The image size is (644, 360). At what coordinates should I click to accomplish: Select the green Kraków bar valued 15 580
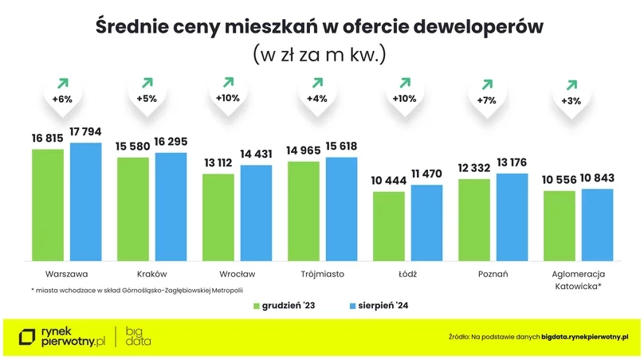pyautogui.click(x=133, y=209)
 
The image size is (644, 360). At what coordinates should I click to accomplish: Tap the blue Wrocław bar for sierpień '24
pyautogui.click(x=256, y=213)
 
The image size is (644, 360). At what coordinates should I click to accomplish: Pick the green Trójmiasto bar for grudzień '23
pyautogui.click(x=304, y=211)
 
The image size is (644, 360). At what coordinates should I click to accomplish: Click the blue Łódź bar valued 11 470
pyautogui.click(x=426, y=223)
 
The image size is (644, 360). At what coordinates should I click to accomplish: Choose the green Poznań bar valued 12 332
pyautogui.click(x=474, y=220)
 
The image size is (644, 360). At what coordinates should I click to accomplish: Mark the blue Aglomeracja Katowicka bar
pyautogui.click(x=597, y=225)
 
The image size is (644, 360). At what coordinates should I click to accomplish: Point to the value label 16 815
pyautogui.click(x=48, y=138)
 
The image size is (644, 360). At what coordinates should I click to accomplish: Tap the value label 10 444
pyautogui.click(x=388, y=181)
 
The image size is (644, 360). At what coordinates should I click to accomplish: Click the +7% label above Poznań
pyautogui.click(x=486, y=101)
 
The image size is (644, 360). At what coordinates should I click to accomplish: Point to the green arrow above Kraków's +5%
pyautogui.click(x=147, y=81)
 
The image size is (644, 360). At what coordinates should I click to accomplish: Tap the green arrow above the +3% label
pyautogui.click(x=571, y=84)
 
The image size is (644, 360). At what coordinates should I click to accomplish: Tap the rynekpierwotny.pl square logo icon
pyautogui.click(x=29, y=337)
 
